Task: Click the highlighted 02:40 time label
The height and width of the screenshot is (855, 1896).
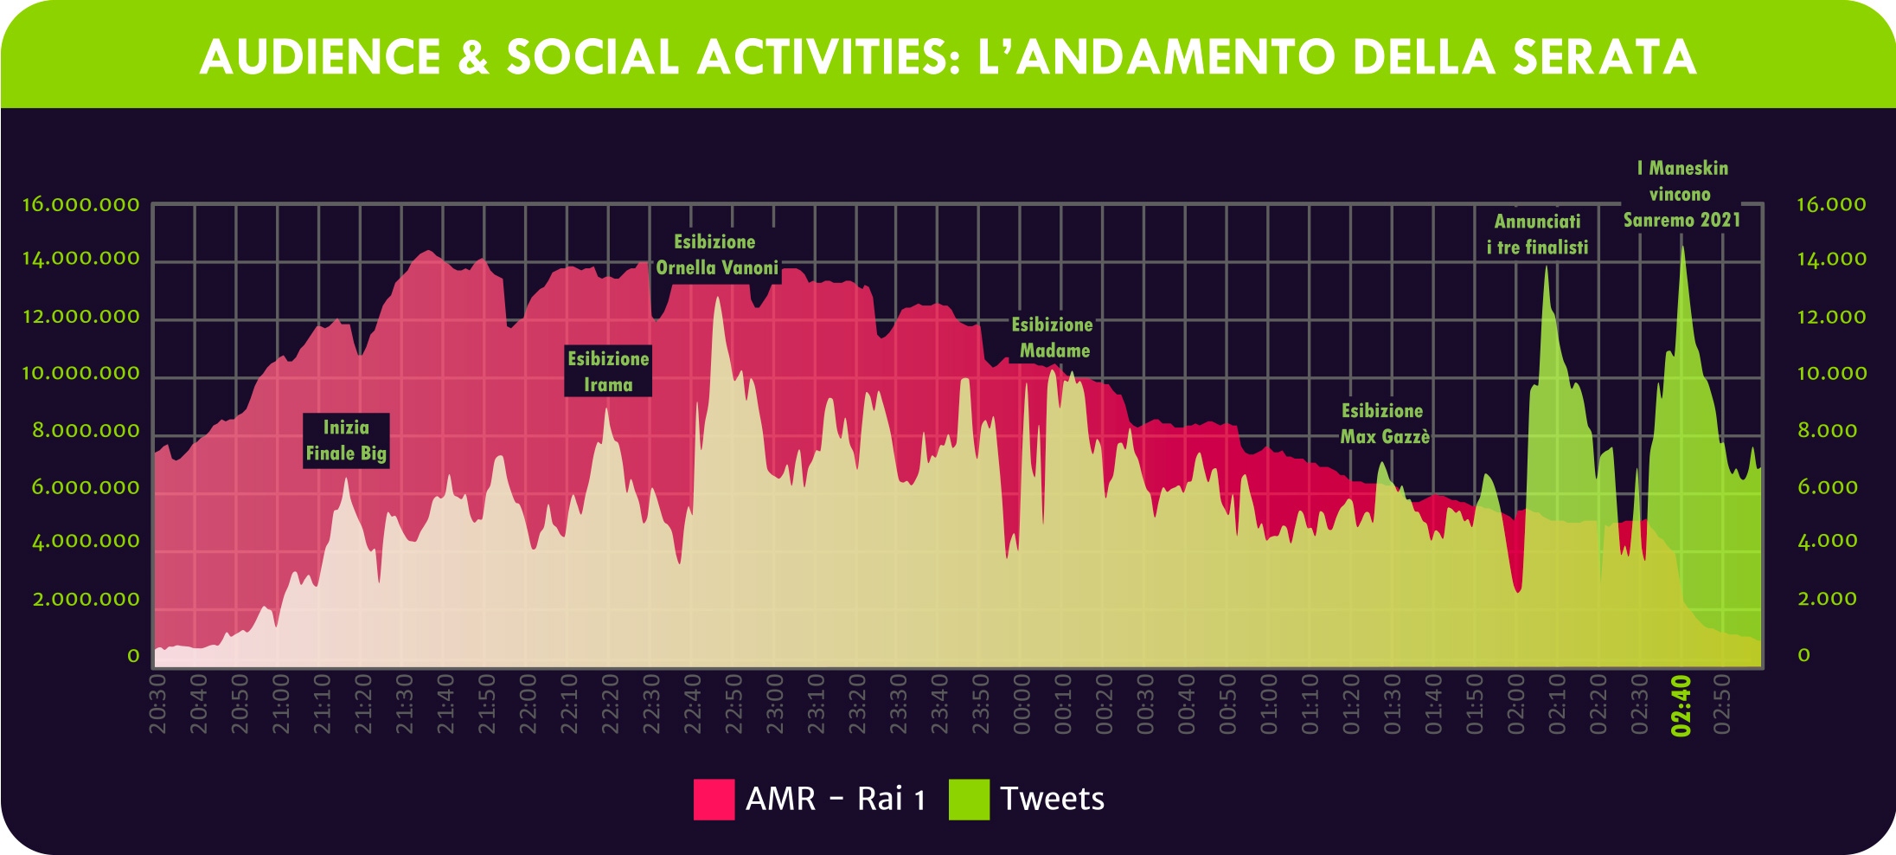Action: (1681, 706)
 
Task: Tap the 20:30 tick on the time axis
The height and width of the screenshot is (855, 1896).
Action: (157, 704)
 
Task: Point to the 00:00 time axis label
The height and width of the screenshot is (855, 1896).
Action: (1022, 704)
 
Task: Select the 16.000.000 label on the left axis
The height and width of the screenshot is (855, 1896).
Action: (80, 205)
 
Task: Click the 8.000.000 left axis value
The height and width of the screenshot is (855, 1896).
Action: (86, 431)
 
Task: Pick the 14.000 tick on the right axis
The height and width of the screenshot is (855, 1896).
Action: (1831, 259)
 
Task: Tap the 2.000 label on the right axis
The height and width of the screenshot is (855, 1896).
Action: (1827, 599)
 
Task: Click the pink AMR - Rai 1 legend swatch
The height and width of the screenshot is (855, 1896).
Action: (714, 799)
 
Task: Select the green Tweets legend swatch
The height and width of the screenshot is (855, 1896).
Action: (969, 799)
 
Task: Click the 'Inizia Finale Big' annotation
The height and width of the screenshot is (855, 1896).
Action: (346, 440)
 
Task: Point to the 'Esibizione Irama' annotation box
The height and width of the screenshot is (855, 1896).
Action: (608, 371)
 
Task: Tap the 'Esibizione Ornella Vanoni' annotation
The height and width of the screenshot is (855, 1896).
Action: (716, 255)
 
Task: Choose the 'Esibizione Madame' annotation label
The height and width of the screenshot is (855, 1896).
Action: (1053, 337)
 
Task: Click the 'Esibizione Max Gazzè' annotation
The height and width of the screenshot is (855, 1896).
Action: (1384, 424)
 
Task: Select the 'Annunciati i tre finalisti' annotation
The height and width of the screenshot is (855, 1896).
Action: (1537, 235)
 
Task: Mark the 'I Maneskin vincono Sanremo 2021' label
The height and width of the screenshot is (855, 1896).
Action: (1681, 194)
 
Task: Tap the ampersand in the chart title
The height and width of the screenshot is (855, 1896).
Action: (472, 57)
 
